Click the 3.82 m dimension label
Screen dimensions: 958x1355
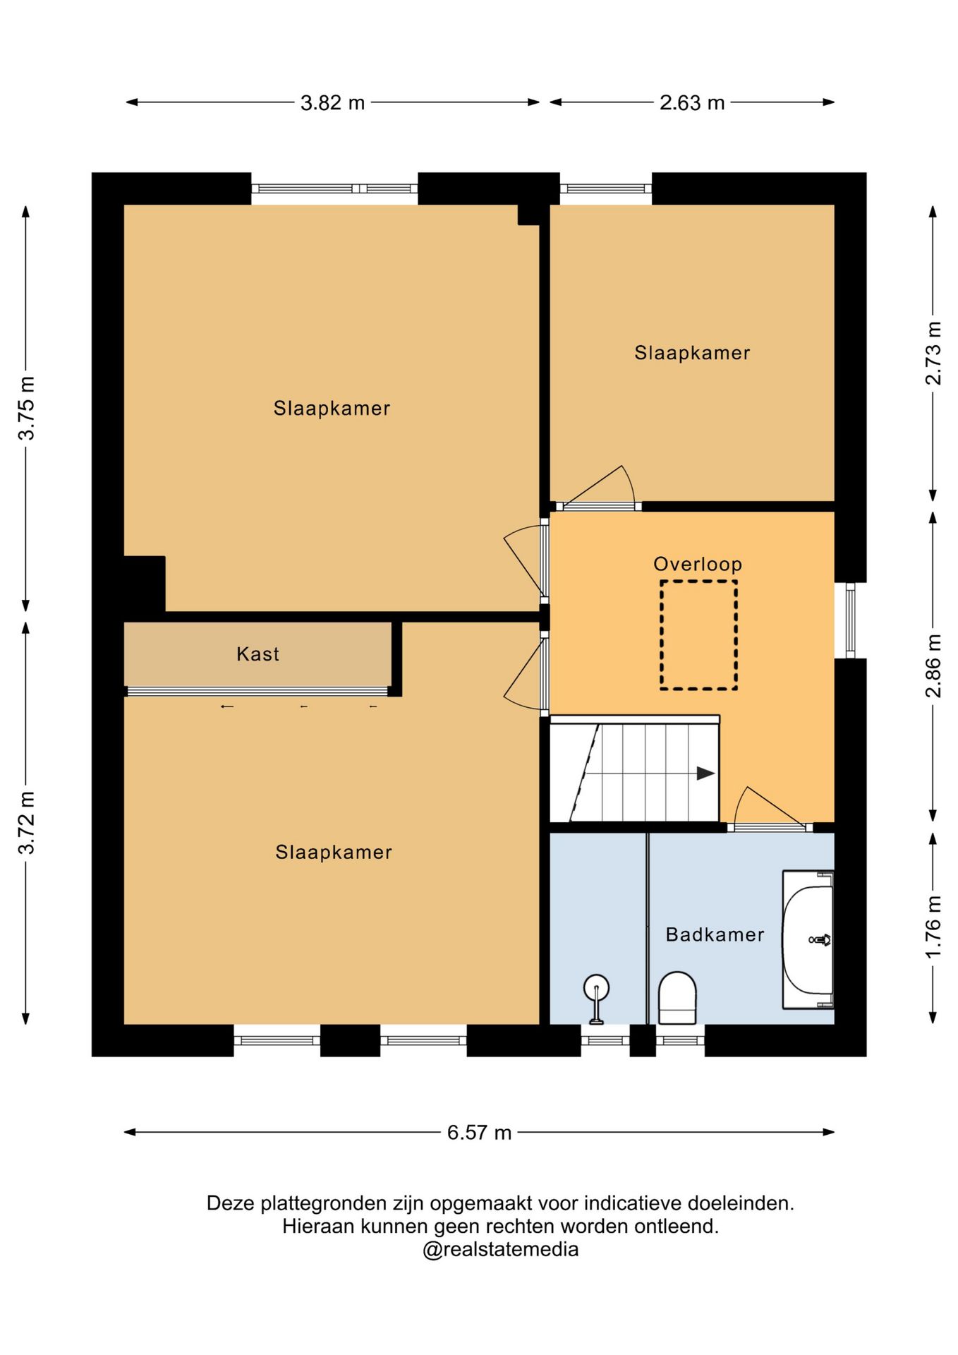pos(332,103)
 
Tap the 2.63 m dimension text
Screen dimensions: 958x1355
pos(692,103)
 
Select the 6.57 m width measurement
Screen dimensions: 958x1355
pos(479,1133)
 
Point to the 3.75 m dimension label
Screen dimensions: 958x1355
pos(26,409)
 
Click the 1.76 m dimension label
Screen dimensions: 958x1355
pos(933,927)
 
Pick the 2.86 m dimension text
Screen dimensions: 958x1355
pos(933,666)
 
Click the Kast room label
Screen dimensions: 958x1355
pos(257,654)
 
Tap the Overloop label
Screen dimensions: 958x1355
pos(698,564)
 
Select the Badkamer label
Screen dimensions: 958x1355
pos(715,934)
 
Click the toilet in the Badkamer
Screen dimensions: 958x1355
pos(677,998)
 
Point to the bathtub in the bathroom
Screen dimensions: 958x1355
pos(808,939)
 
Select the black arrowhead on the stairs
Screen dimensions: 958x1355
pos(706,773)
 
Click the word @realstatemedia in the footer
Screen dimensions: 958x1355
pos(500,1250)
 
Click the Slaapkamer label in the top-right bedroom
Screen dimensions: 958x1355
pos(692,353)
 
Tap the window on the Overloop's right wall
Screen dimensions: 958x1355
pos(851,620)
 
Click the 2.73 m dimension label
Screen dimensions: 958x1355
pos(933,354)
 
